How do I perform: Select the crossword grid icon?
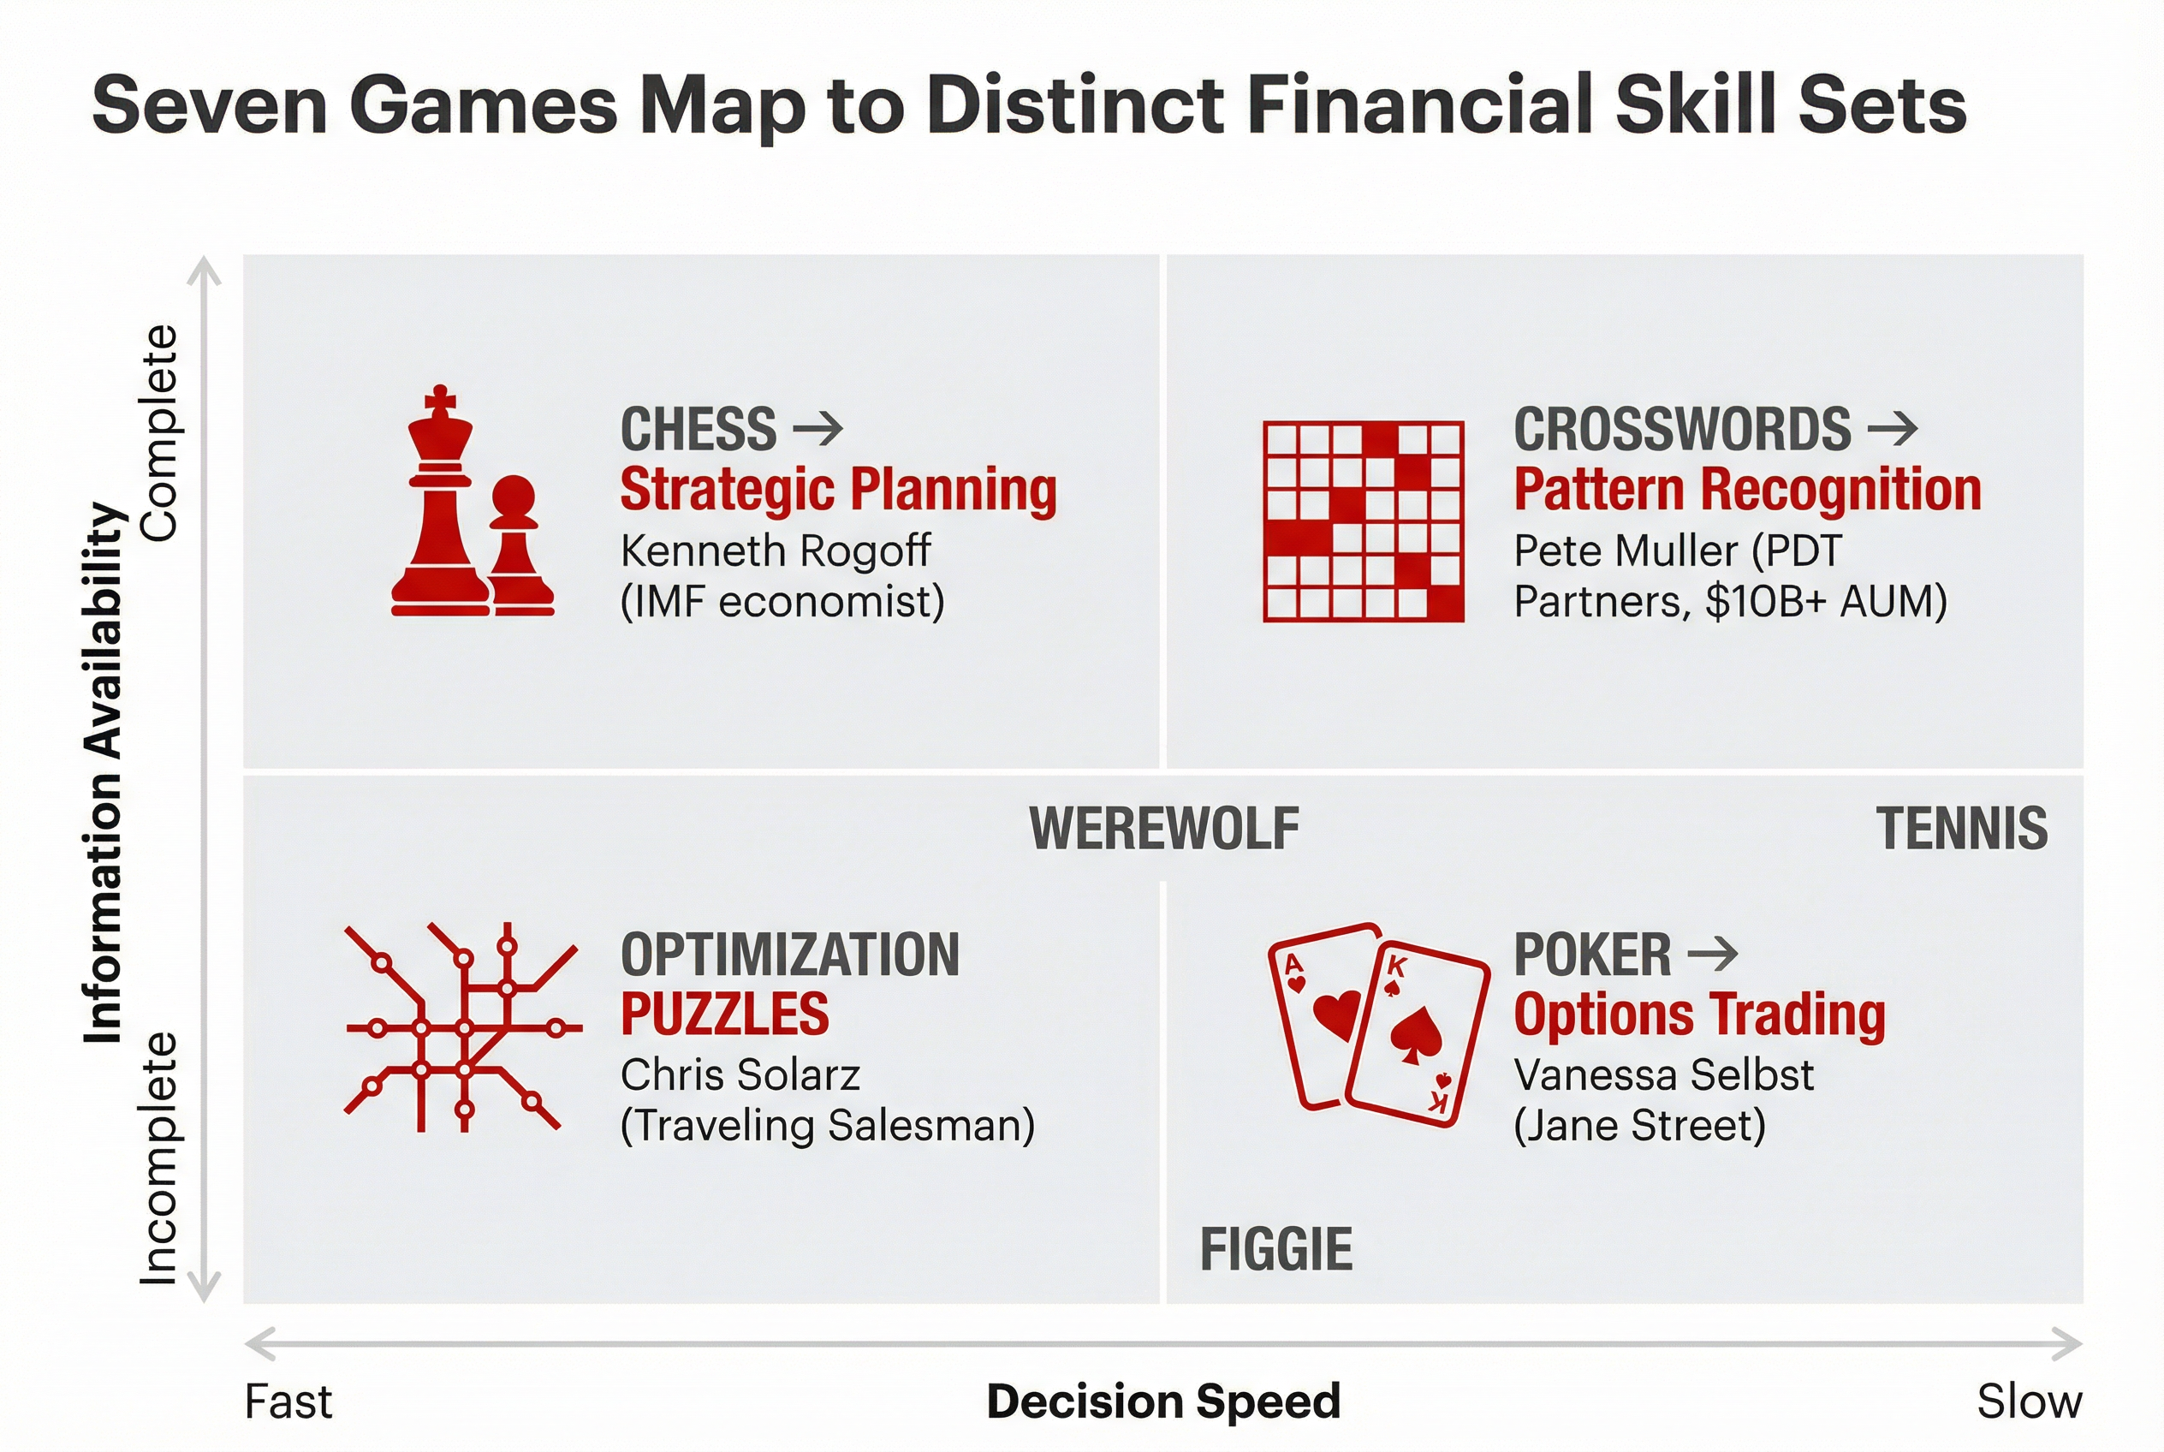point(1363,521)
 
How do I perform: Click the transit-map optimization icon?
point(463,1028)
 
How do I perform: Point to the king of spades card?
point(1418,1034)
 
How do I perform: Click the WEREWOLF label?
point(1164,829)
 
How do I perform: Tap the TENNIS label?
point(1961,829)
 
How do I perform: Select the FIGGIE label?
point(1276,1249)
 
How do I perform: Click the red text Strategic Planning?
point(838,490)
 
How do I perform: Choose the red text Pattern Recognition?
point(1747,490)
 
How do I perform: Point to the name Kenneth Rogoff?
point(775,551)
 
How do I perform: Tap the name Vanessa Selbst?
point(1663,1075)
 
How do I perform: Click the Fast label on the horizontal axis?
point(288,1402)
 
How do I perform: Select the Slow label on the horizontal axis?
point(2029,1402)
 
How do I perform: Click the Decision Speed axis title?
point(1163,1401)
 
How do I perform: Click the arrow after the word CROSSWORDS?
point(1893,429)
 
